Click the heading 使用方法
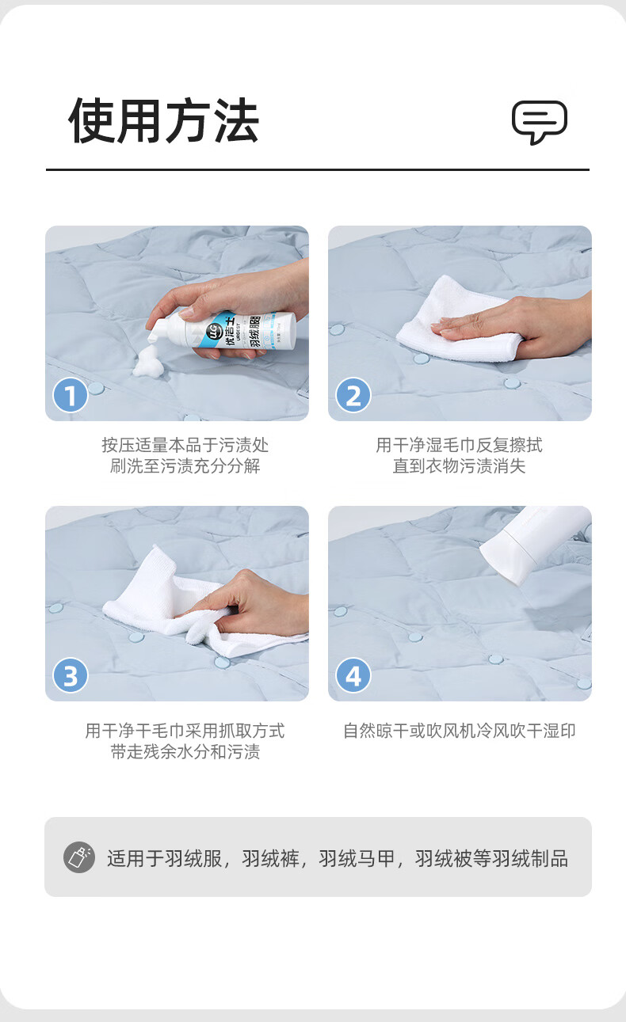164,121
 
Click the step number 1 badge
71,395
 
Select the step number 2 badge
353,395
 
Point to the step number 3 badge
71,675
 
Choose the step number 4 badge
353,675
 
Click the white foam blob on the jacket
148,361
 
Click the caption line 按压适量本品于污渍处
185,446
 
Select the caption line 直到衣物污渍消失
460,466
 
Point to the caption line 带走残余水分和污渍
185,752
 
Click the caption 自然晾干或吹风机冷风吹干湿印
460,731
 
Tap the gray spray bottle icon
79,857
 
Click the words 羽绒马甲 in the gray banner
356,859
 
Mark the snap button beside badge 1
96,388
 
